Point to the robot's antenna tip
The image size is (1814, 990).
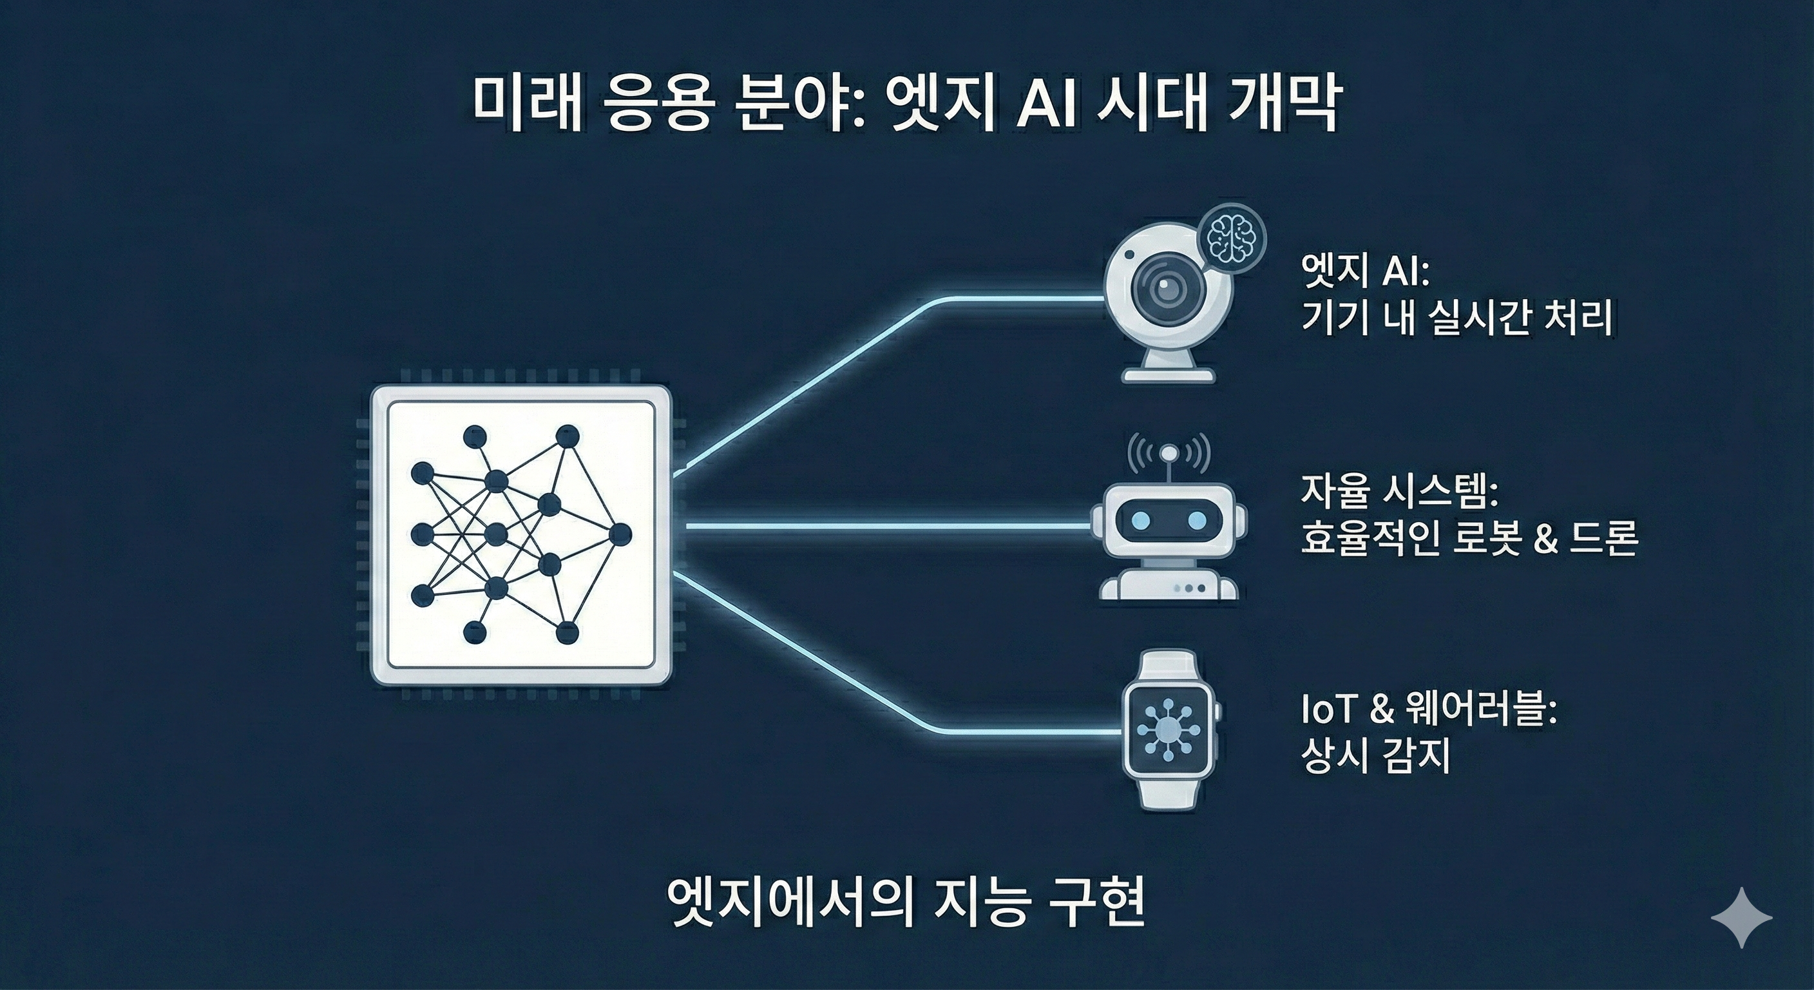pos(1169,452)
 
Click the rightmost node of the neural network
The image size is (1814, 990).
pos(620,536)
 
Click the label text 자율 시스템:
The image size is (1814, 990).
pos(1399,492)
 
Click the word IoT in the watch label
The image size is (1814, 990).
pos(1328,712)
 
